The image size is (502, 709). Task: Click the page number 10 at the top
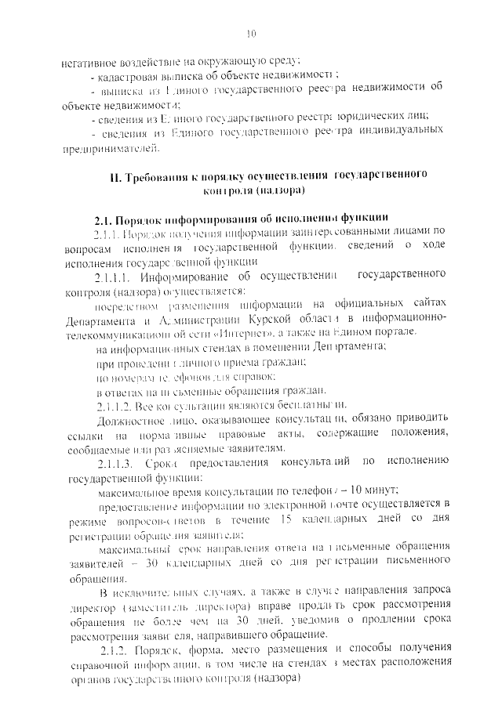coord(251,33)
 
